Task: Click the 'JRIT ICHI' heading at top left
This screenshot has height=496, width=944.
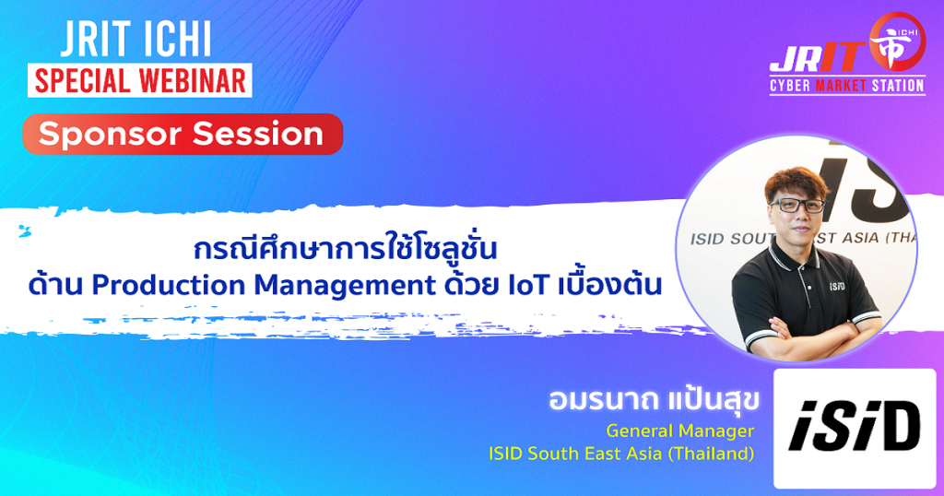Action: coord(136,41)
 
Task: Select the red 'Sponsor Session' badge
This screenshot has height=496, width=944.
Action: coord(183,134)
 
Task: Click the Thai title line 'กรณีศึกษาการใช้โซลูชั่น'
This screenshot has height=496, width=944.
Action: coord(346,248)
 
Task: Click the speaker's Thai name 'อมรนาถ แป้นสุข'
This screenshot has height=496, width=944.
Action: coord(654,400)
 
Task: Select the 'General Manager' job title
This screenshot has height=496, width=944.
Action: coord(679,431)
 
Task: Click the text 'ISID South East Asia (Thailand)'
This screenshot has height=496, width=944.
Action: coord(621,454)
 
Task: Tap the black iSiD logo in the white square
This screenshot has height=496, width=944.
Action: coord(855,427)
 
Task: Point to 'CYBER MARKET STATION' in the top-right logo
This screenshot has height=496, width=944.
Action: coord(847,86)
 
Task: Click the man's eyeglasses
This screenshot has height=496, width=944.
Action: coord(797,206)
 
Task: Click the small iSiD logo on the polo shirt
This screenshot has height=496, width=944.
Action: coord(837,286)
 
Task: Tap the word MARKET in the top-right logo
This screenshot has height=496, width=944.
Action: coord(841,86)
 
